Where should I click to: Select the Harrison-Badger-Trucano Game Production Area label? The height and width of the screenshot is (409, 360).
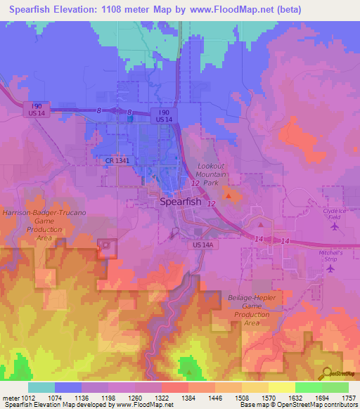tap(44, 223)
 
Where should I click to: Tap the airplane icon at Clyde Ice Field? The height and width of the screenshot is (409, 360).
tap(334, 227)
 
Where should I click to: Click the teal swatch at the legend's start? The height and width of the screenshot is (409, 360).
tap(41, 387)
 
